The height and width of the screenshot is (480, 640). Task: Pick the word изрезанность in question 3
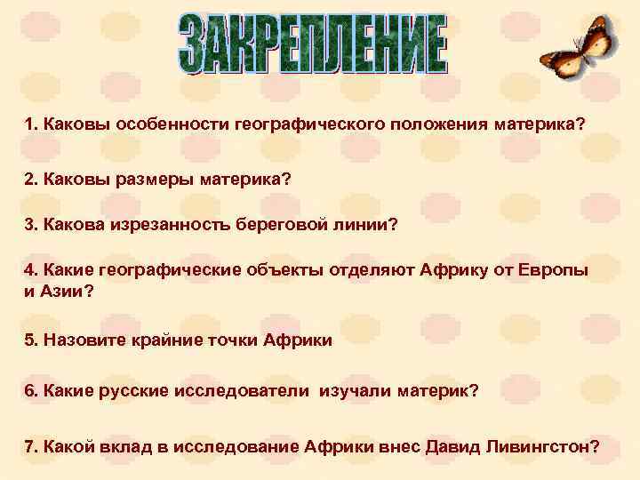point(172,226)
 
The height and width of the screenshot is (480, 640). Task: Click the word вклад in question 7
point(122,445)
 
